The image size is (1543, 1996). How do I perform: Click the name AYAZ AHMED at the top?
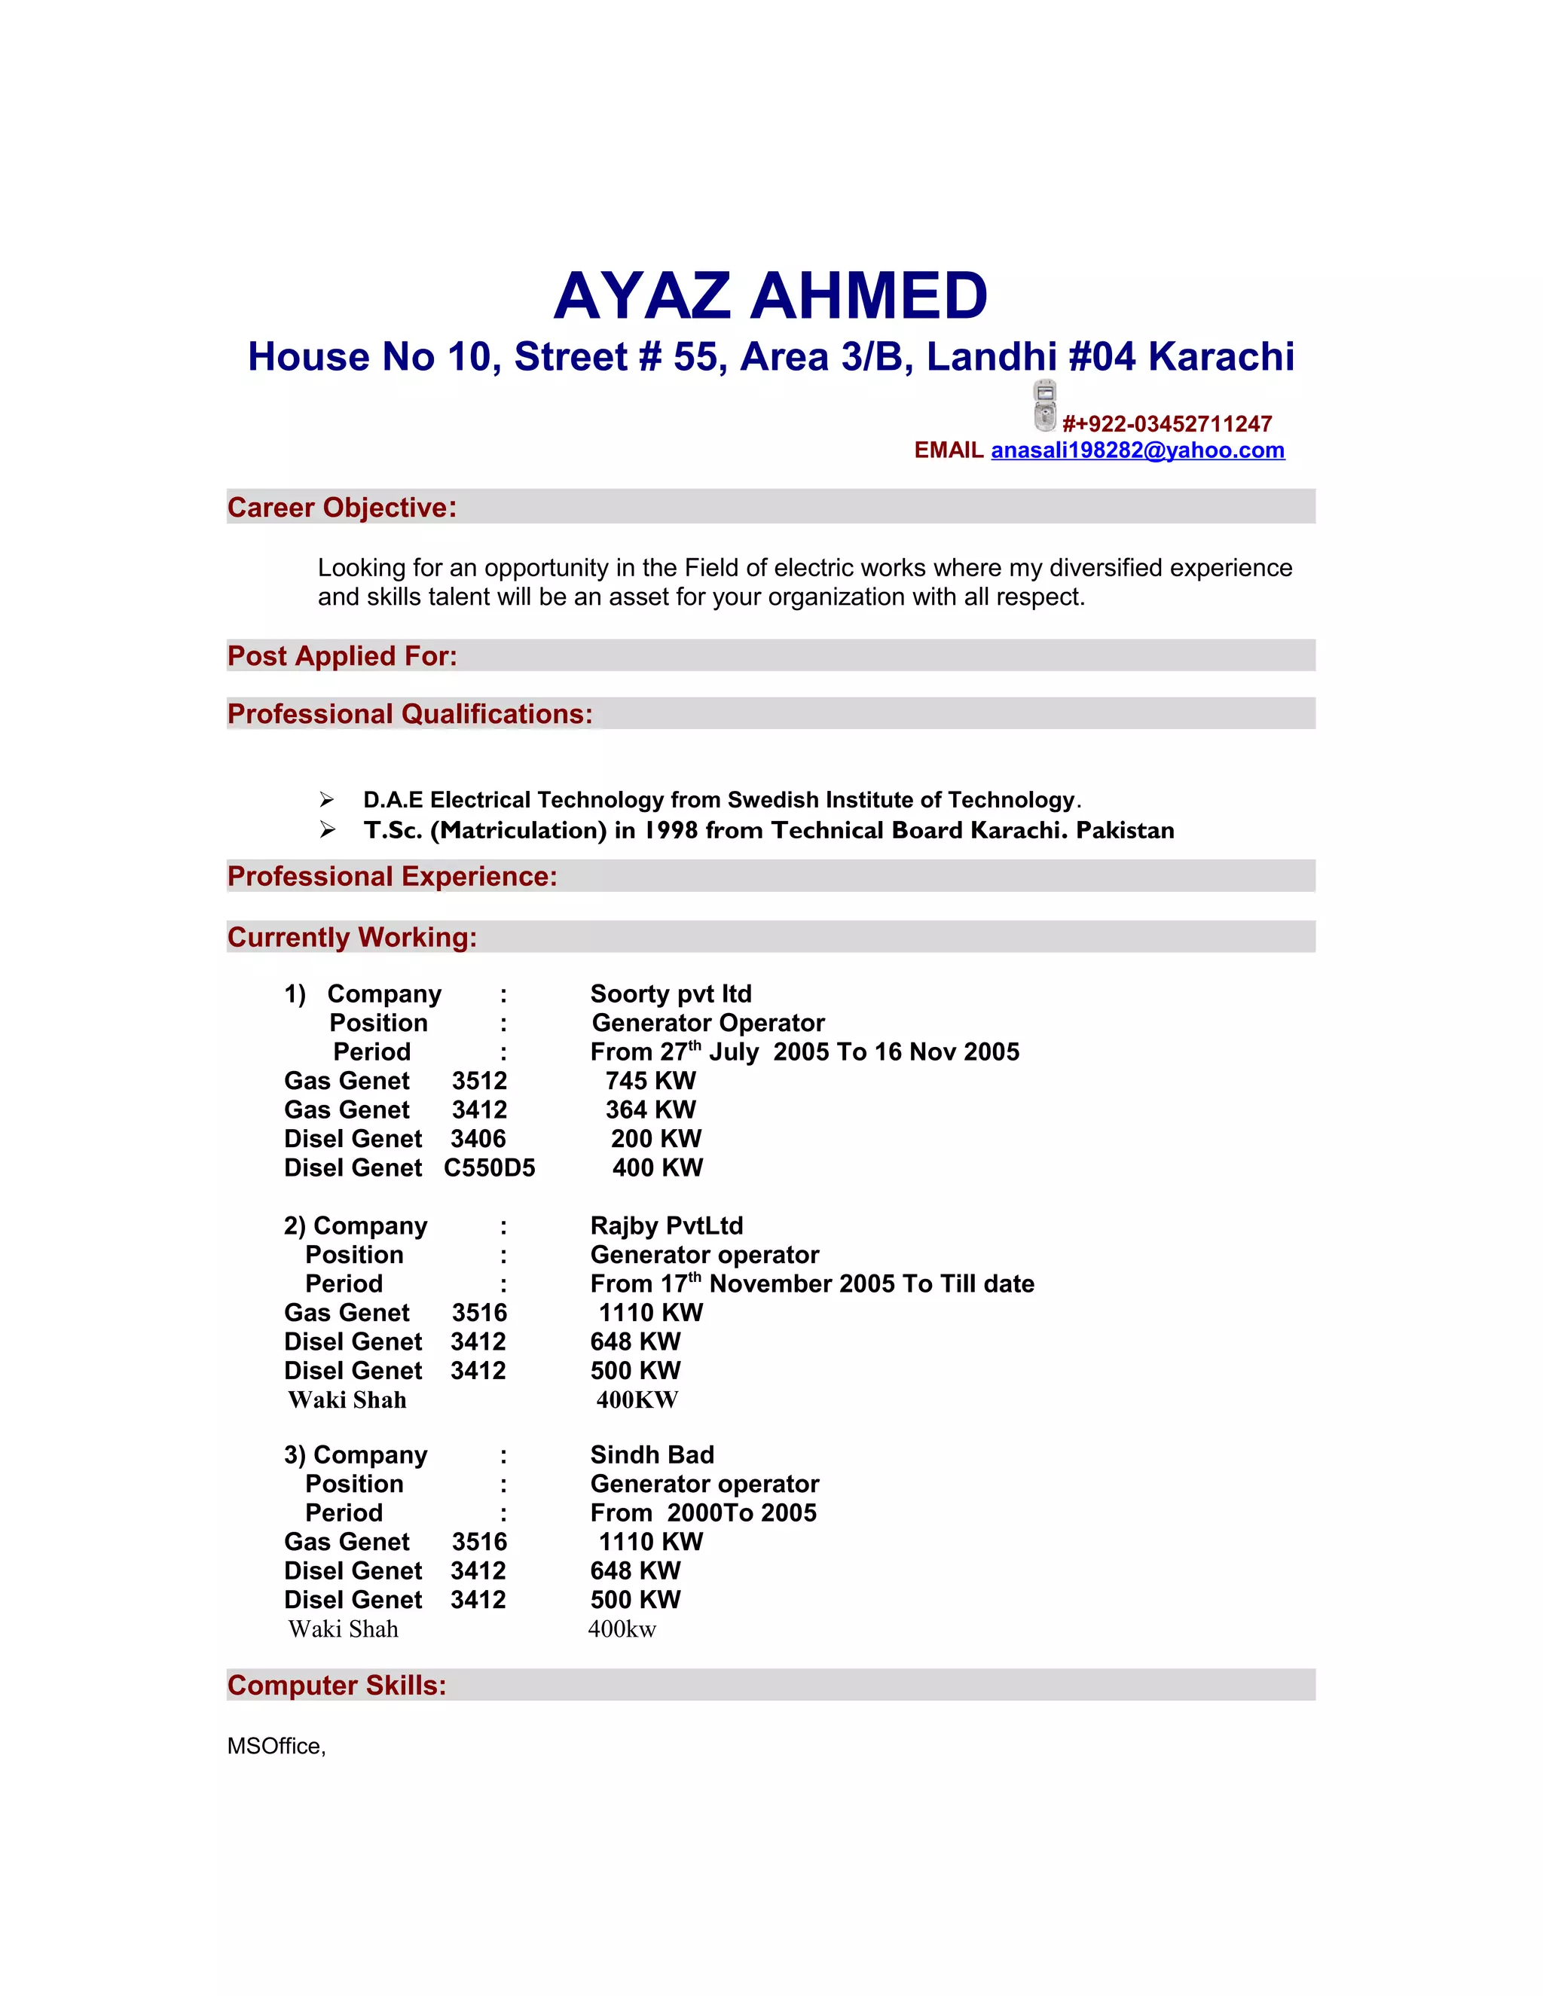(771, 296)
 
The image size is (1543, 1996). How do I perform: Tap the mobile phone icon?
(1045, 405)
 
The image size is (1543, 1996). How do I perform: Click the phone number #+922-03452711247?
(1166, 424)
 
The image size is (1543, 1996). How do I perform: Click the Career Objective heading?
(342, 507)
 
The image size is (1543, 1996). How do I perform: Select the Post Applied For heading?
(342, 656)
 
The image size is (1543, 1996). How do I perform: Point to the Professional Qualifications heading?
(410, 714)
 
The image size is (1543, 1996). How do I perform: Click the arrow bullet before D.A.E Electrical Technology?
(327, 800)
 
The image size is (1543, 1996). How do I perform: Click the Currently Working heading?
(352, 938)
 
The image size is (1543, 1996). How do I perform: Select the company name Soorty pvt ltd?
(671, 993)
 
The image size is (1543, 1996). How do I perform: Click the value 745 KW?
(650, 1080)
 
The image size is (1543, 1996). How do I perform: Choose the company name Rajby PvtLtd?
(666, 1225)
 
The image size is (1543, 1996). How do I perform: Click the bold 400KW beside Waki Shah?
(637, 1400)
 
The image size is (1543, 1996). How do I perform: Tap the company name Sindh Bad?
(652, 1455)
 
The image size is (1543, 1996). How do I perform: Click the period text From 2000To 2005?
(703, 1512)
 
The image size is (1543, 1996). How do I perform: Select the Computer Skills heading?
(336, 1685)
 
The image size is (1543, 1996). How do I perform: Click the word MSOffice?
(275, 1747)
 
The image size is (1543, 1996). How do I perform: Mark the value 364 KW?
(650, 1109)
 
